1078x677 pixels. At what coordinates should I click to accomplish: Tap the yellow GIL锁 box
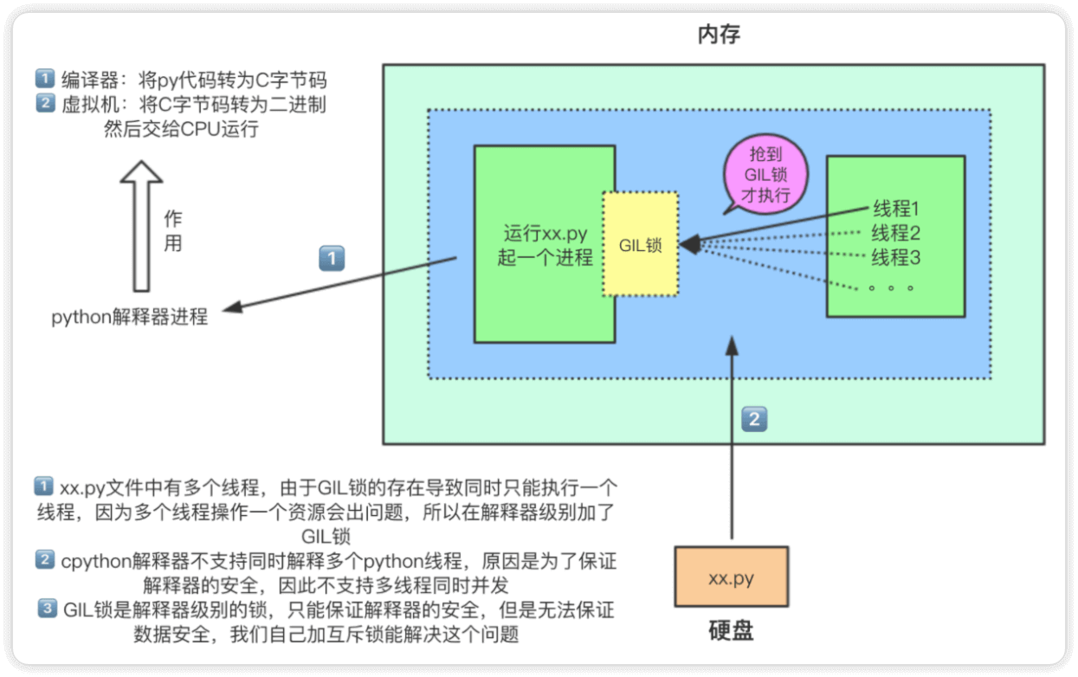[641, 245]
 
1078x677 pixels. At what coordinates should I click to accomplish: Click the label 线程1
[894, 209]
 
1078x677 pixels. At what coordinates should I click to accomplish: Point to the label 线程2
[894, 233]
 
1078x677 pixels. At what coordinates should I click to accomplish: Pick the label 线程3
[894, 257]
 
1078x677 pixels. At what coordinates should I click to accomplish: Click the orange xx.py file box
[732, 577]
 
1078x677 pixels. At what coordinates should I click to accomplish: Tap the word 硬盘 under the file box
[731, 630]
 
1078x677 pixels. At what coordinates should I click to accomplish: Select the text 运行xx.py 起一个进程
[545, 246]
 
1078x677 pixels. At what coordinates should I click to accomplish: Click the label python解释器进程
[130, 317]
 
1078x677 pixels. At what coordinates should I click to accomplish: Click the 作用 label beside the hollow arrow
[173, 231]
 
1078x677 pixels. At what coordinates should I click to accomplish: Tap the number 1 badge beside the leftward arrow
[332, 259]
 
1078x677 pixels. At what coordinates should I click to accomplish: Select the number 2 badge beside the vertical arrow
[754, 420]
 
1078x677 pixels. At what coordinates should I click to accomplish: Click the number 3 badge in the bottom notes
[48, 609]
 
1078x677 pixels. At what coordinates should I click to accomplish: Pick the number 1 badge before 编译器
[44, 80]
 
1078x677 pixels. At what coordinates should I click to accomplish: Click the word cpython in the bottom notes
[93, 561]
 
